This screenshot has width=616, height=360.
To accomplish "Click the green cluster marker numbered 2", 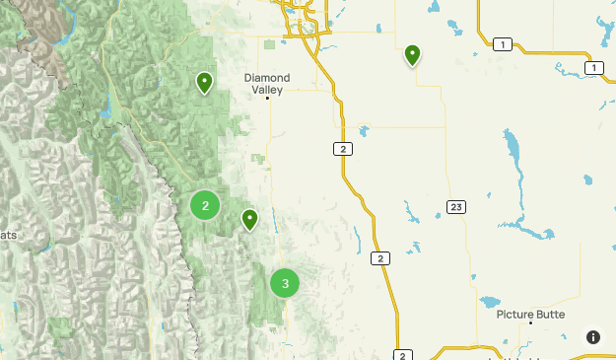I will [205, 205].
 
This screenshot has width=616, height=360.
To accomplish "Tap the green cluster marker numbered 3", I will [285, 284].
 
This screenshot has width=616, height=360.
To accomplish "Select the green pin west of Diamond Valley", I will [204, 82].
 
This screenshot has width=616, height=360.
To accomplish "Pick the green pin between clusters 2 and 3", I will [249, 219].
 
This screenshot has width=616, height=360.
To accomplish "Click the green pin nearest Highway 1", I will [412, 54].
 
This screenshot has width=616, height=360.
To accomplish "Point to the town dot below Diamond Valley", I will [267, 97].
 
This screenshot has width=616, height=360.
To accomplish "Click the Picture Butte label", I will [530, 314].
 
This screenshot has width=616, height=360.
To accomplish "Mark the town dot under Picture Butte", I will [530, 324].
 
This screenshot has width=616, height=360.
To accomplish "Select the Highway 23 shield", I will [454, 206].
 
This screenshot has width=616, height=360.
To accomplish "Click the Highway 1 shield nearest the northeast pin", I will [504, 43].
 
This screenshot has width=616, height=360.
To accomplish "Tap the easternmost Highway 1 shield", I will [593, 67].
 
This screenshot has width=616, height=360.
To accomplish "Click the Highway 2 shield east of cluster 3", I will [380, 258].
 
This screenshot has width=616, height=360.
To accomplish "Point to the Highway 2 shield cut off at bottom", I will [403, 354].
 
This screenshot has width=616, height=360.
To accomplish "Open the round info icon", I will [592, 336].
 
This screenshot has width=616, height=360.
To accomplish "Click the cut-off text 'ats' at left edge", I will [8, 235].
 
